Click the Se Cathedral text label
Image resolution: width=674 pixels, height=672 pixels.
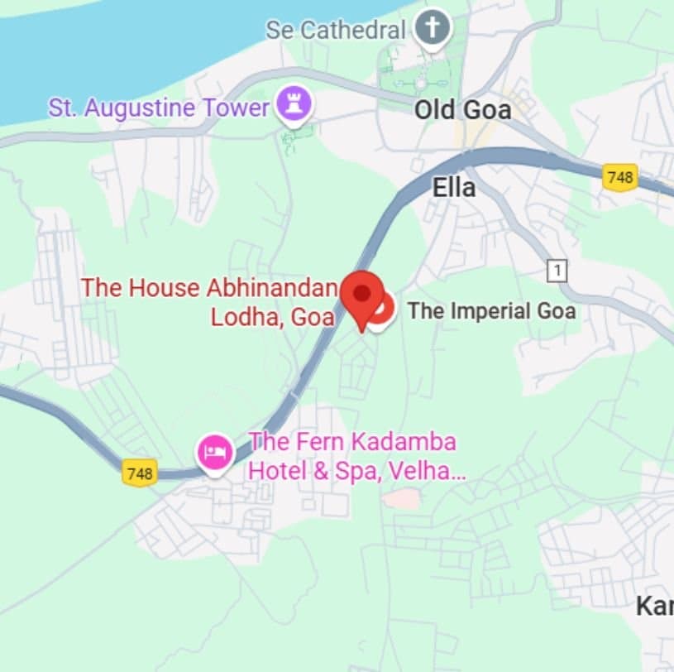[336, 31]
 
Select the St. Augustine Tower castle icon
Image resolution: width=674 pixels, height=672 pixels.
[294, 105]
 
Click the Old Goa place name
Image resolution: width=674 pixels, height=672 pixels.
[462, 110]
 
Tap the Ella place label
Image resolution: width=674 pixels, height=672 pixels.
[454, 188]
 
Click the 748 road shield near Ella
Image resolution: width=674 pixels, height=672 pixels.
[619, 176]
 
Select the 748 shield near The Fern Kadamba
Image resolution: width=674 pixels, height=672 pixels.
[140, 473]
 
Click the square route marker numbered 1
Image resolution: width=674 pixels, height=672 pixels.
[558, 270]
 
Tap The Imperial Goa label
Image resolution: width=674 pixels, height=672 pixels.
[491, 311]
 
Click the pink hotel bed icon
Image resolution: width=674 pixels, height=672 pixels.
[215, 453]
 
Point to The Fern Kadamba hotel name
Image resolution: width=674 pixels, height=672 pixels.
[353, 441]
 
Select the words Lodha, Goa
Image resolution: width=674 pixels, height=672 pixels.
[272, 317]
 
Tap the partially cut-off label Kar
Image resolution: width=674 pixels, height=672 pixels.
[654, 607]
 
